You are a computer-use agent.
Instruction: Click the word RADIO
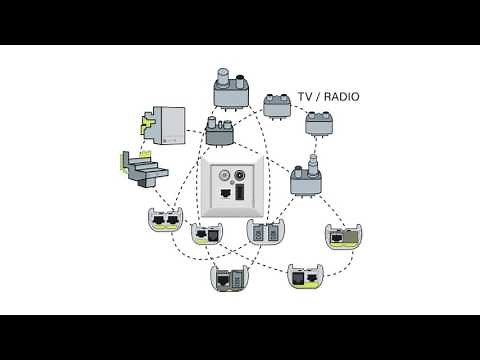pyautogui.click(x=340, y=97)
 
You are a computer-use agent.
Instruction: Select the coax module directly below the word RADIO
pyautogui.click(x=320, y=121)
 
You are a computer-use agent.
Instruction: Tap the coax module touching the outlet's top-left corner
pyautogui.click(x=219, y=132)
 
